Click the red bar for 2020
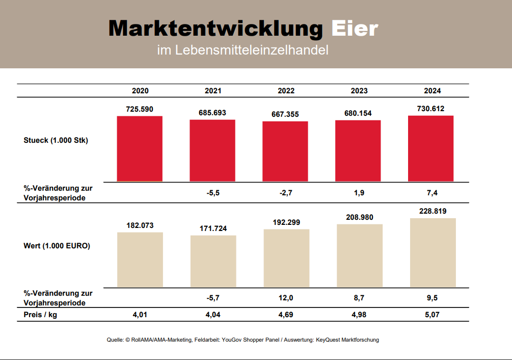140,149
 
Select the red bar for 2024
430,148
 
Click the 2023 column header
359,91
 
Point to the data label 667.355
285,114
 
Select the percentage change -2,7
286,193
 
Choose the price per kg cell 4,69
286,315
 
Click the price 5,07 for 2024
432,315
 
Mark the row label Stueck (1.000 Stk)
56,141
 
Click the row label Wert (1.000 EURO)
57,246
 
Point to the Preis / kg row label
40,315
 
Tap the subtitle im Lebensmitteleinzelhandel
242,50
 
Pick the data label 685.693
212,113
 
